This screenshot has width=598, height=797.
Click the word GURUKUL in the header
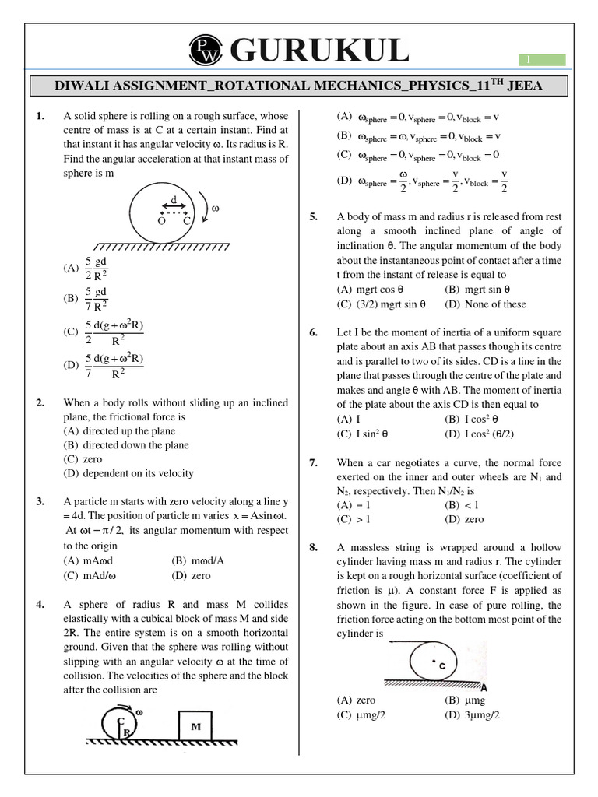318,51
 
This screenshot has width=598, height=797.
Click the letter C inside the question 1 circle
187,221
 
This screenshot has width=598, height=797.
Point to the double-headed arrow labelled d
174,206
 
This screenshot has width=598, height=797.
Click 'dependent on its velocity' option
128,473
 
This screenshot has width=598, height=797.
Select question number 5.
314,217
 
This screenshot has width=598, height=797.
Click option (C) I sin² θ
364,433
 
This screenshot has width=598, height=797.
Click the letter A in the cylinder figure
484,686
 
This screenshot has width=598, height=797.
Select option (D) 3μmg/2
472,714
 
